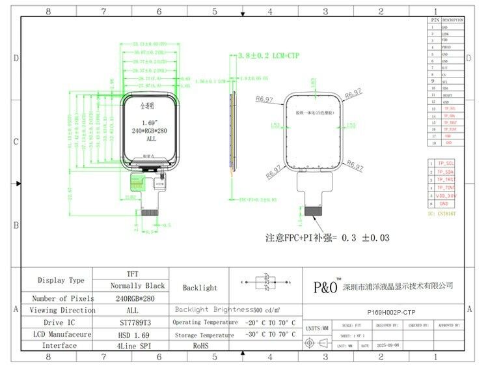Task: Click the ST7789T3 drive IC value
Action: coord(132,322)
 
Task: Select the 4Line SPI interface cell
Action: coord(132,345)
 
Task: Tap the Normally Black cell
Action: coord(132,286)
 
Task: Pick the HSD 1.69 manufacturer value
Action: coord(132,333)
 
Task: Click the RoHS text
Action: coord(200,345)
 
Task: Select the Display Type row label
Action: coord(61,280)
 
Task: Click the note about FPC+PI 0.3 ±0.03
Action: coord(327,238)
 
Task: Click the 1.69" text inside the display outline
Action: coord(150,122)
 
